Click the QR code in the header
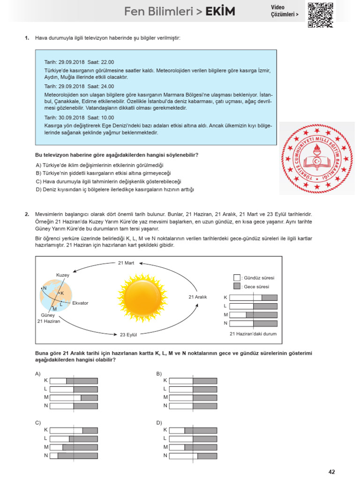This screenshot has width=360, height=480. (321, 15)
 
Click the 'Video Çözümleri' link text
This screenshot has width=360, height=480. (284, 11)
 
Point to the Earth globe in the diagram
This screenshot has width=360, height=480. (56, 294)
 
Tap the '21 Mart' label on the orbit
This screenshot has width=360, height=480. (126, 263)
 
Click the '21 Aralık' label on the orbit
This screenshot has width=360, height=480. (197, 297)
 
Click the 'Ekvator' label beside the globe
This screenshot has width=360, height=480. (80, 303)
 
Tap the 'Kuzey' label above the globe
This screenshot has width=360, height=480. (62, 275)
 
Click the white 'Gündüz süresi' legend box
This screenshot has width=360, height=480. (237, 277)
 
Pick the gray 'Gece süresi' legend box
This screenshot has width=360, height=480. (237, 286)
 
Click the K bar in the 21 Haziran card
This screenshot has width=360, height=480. (254, 298)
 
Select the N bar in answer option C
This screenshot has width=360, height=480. (74, 455)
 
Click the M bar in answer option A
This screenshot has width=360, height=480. (74, 397)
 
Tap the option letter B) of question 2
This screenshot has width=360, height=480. (159, 374)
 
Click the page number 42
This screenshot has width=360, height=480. (332, 472)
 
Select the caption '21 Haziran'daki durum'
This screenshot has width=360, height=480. (253, 334)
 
